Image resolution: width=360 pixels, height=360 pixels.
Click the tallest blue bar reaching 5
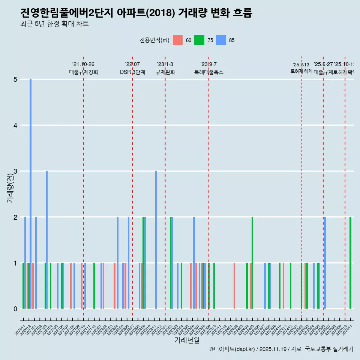point(31,194)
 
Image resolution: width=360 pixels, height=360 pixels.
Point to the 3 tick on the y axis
point(16,171)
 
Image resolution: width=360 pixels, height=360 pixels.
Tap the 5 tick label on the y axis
point(16,79)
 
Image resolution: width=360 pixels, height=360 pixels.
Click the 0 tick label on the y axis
point(16,309)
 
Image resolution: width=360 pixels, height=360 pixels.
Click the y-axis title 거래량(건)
point(10,187)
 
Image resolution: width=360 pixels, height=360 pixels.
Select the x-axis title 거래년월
point(187,340)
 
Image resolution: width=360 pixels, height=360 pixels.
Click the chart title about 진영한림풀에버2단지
point(136,13)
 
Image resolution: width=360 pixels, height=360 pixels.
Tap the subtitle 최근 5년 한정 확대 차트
point(54,24)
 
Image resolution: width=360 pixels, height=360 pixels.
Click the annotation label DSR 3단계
point(132,72)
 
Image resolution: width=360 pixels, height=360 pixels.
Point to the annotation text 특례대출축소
point(208,72)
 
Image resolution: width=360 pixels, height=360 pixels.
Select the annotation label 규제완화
point(165,72)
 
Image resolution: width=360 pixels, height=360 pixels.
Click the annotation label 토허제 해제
point(301,71)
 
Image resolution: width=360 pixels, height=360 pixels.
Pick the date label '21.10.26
point(83,64)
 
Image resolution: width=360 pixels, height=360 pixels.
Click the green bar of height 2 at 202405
point(252,263)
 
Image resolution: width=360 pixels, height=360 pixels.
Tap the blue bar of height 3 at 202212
point(156,240)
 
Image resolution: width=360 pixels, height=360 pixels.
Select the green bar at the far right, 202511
point(350,263)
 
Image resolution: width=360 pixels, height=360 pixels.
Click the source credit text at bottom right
point(281,349)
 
